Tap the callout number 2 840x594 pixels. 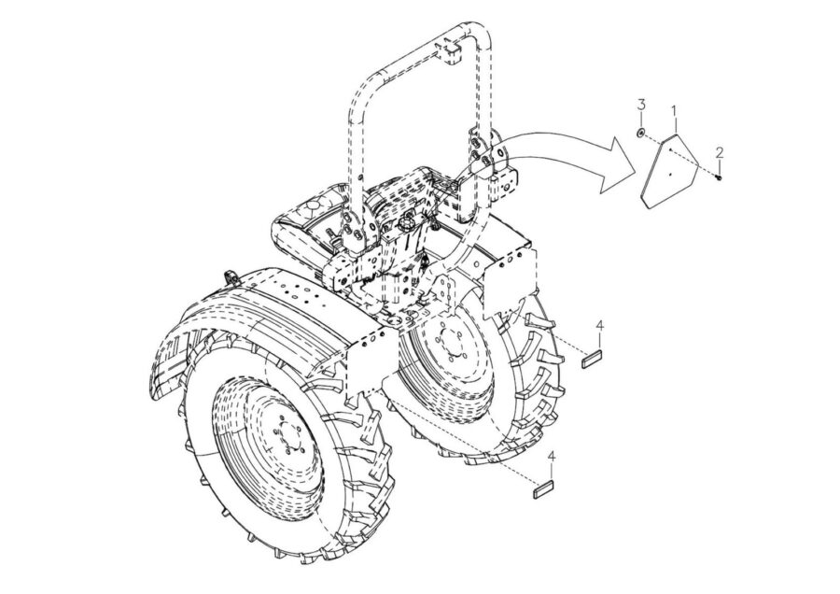click(720, 152)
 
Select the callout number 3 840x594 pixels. click(641, 104)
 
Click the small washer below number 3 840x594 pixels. click(642, 133)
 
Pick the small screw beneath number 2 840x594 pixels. click(719, 176)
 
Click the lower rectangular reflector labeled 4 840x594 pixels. click(544, 489)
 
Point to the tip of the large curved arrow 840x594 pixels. click(636, 165)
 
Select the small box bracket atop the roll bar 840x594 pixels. click(452, 52)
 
